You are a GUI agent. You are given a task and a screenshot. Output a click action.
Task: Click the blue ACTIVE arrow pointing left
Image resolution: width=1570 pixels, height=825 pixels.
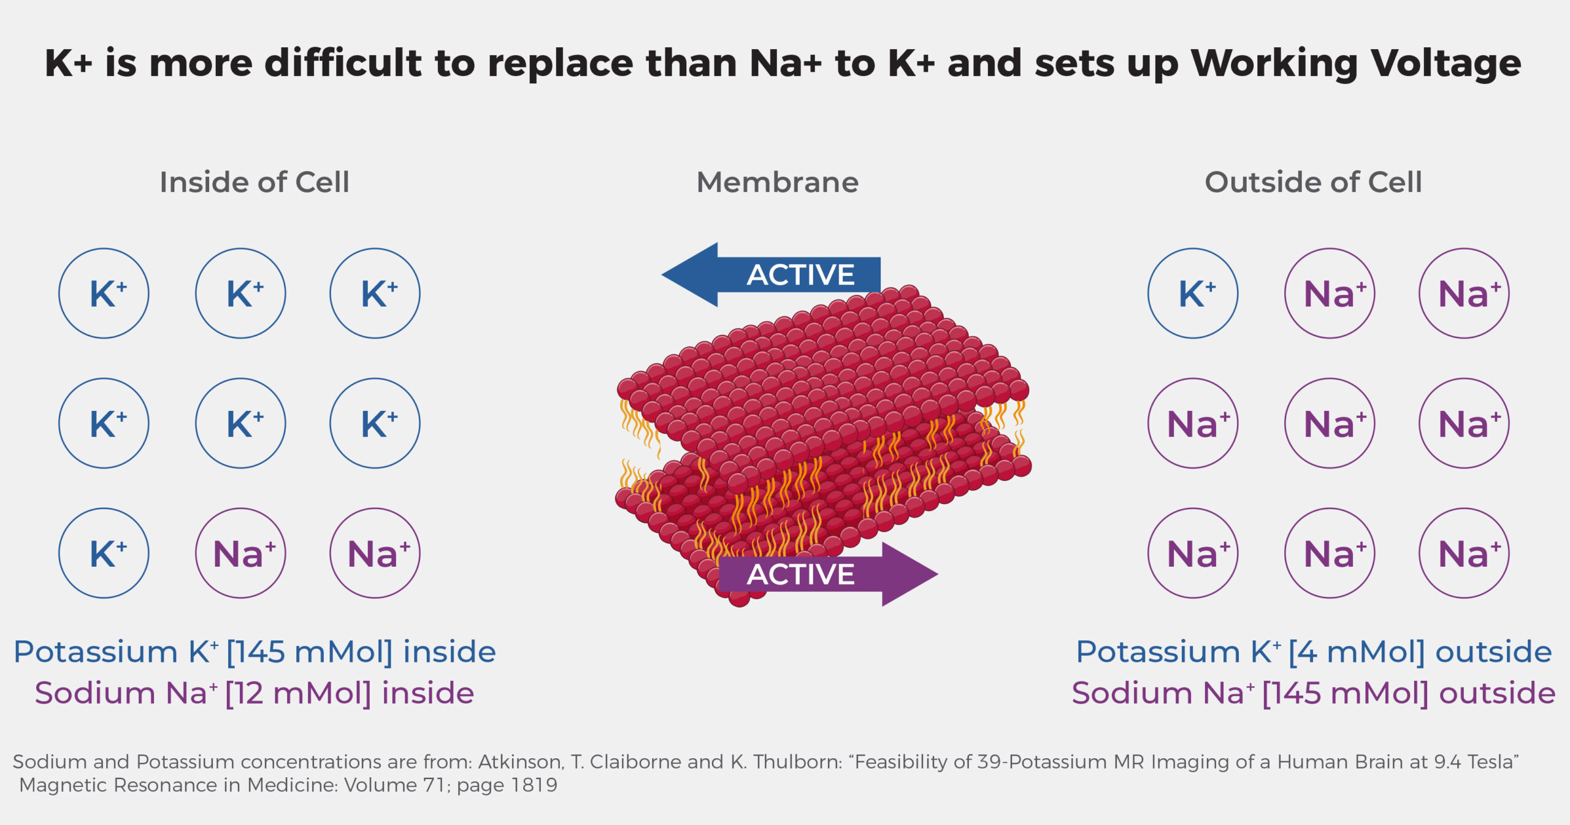tap(771, 274)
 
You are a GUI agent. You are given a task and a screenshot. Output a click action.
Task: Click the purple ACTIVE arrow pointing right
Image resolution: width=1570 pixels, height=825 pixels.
tap(828, 574)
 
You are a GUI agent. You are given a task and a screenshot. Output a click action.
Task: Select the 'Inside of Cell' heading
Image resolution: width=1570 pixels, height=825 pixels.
tap(255, 182)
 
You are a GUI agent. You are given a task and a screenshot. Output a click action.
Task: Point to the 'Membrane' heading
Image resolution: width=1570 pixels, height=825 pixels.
tap(778, 182)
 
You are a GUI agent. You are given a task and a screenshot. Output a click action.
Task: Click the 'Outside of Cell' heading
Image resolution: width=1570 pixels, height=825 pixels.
tap(1313, 182)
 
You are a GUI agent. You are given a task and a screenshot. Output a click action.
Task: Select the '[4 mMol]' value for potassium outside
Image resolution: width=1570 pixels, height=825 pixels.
tap(1356, 651)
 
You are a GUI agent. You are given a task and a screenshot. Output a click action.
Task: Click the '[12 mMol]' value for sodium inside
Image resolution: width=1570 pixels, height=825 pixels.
tap(298, 693)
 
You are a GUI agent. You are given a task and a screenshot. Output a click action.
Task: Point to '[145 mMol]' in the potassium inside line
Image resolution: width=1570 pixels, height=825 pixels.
tap(309, 651)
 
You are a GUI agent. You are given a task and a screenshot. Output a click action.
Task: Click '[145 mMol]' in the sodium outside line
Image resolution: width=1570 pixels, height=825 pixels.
tap(1345, 693)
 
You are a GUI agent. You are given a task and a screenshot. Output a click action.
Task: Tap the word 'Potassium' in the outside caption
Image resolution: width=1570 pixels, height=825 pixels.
tap(1158, 651)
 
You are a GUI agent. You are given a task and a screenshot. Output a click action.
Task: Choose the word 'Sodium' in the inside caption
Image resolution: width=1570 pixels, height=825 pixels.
tap(95, 693)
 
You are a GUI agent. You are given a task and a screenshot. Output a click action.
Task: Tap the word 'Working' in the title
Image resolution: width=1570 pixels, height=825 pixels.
tap(1273, 64)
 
